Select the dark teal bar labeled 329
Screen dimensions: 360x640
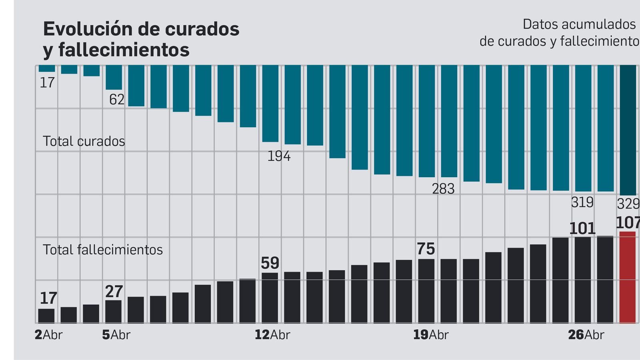click(628, 130)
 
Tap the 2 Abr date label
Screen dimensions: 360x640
click(48, 335)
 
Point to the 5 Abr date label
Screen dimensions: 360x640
click(116, 335)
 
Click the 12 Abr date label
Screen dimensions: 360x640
click(272, 335)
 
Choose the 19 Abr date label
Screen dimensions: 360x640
click(430, 335)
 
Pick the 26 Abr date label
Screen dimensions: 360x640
click(586, 335)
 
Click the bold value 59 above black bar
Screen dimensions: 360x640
click(270, 263)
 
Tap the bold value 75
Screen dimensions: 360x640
click(426, 249)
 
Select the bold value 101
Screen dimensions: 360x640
click(582, 229)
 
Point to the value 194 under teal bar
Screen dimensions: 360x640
click(279, 156)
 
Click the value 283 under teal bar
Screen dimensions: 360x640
click(443, 189)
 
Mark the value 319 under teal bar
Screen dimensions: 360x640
click(582, 202)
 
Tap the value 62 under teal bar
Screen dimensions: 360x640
click(117, 99)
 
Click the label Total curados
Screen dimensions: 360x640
click(84, 141)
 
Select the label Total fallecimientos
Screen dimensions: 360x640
click(103, 250)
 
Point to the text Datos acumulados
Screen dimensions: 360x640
click(579, 24)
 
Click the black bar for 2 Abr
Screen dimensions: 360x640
click(46, 316)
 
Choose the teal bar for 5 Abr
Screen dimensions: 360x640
click(114, 77)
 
